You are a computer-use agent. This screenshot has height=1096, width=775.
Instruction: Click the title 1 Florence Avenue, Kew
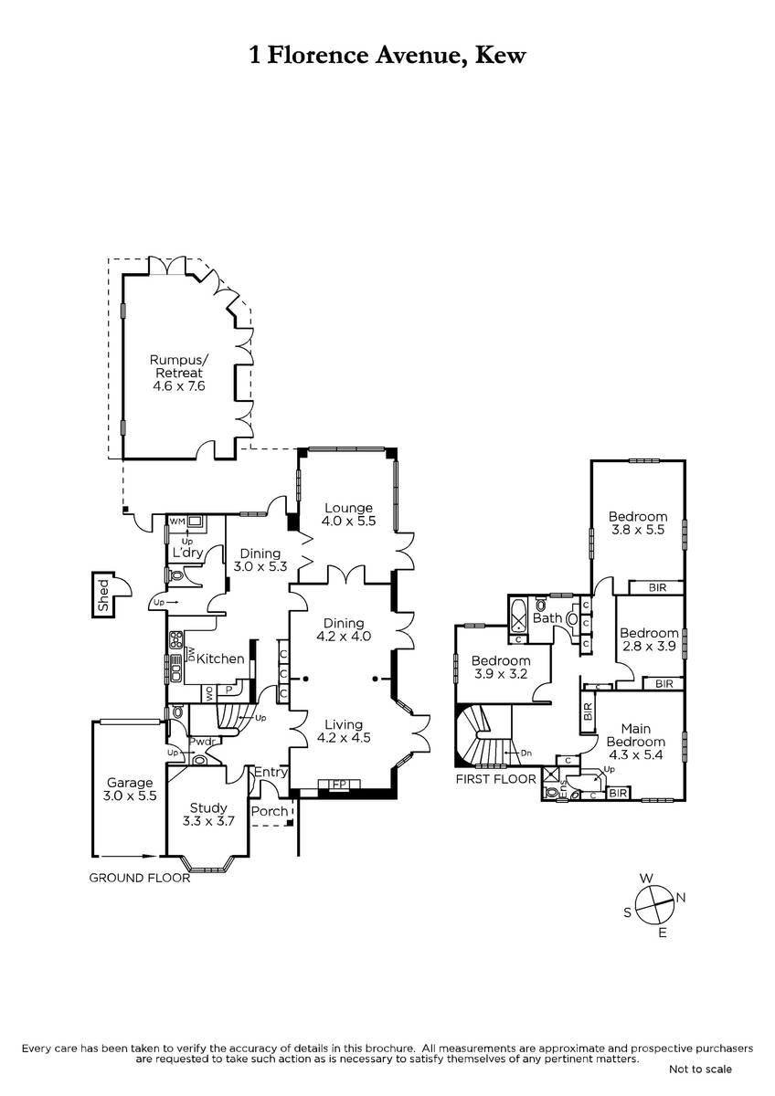tap(387, 56)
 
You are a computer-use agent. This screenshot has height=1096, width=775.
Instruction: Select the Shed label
tap(103, 595)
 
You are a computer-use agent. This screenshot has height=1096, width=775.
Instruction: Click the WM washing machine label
tap(177, 522)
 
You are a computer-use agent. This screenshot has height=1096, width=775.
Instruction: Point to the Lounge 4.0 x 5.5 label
tap(348, 514)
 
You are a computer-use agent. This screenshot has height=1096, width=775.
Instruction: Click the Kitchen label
tap(220, 659)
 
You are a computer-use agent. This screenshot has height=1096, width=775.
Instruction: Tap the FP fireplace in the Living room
tap(339, 785)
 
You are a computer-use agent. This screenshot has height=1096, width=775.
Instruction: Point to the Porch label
tap(270, 811)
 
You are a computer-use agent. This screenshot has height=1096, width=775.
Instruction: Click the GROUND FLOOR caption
tap(140, 879)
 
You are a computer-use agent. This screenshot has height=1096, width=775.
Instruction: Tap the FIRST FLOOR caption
tap(496, 779)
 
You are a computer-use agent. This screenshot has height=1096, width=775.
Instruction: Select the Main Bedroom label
tap(636, 742)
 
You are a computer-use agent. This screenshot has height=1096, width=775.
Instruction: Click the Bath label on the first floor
tap(547, 618)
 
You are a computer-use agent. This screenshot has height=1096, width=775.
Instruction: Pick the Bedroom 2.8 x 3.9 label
tap(649, 639)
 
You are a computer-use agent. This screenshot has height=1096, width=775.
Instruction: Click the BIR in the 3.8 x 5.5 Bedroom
tap(657, 587)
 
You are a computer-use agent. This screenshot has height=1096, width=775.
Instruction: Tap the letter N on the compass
tap(681, 897)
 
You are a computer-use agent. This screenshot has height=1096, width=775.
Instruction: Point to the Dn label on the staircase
tap(526, 753)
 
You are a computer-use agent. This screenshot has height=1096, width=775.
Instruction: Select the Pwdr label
tap(202, 742)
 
